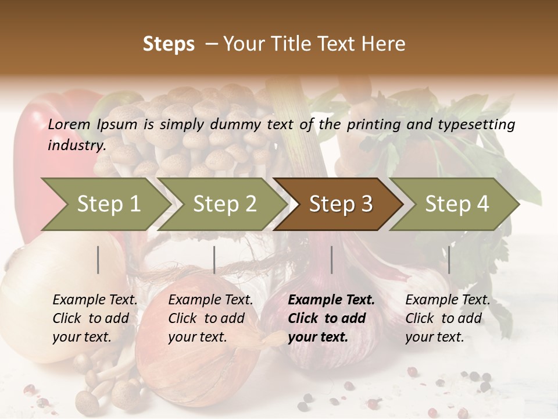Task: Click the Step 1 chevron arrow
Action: pyautogui.click(x=108, y=204)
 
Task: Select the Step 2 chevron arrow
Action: pyautogui.click(x=224, y=204)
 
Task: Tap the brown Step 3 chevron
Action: pyautogui.click(x=340, y=204)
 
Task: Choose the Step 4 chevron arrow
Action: pyautogui.click(x=456, y=204)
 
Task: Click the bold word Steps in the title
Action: pyautogui.click(x=169, y=44)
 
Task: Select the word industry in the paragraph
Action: pyautogui.click(x=76, y=145)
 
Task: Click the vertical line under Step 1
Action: pyautogui.click(x=98, y=260)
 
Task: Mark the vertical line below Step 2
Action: pyautogui.click(x=214, y=260)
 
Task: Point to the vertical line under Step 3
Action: pyautogui.click(x=331, y=260)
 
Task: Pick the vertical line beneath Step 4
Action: pyautogui.click(x=449, y=260)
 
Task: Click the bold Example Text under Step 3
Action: pyautogui.click(x=331, y=300)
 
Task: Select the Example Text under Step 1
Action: pyautogui.click(x=95, y=300)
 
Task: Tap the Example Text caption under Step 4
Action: pyautogui.click(x=448, y=300)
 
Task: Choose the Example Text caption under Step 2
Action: pyautogui.click(x=210, y=300)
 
